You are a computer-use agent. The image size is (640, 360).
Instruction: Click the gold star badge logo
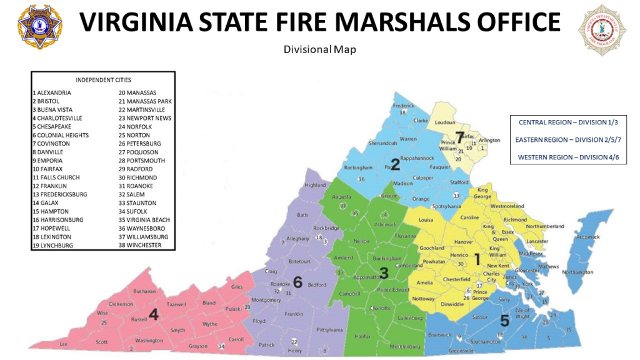pyautogui.click(x=40, y=27)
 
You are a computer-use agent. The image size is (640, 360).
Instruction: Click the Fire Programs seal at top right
pyautogui.click(x=602, y=29)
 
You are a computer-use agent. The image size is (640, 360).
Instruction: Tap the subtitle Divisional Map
pyautogui.click(x=319, y=49)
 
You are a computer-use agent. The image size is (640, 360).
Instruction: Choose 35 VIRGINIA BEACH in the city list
pyautogui.click(x=147, y=220)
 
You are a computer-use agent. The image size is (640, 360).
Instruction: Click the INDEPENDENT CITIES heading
pyautogui.click(x=103, y=80)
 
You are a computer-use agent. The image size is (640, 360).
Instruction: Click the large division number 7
pyautogui.click(x=459, y=136)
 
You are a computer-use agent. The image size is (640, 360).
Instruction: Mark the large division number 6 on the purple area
pyautogui.click(x=297, y=283)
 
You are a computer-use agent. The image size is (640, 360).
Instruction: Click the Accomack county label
pyautogui.click(x=587, y=237)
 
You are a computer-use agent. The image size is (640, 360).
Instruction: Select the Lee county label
pyautogui.click(x=63, y=344)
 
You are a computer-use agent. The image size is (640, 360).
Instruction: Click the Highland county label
pyautogui.click(x=315, y=186)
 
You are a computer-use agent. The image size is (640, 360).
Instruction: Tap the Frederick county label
pyautogui.click(x=404, y=106)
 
